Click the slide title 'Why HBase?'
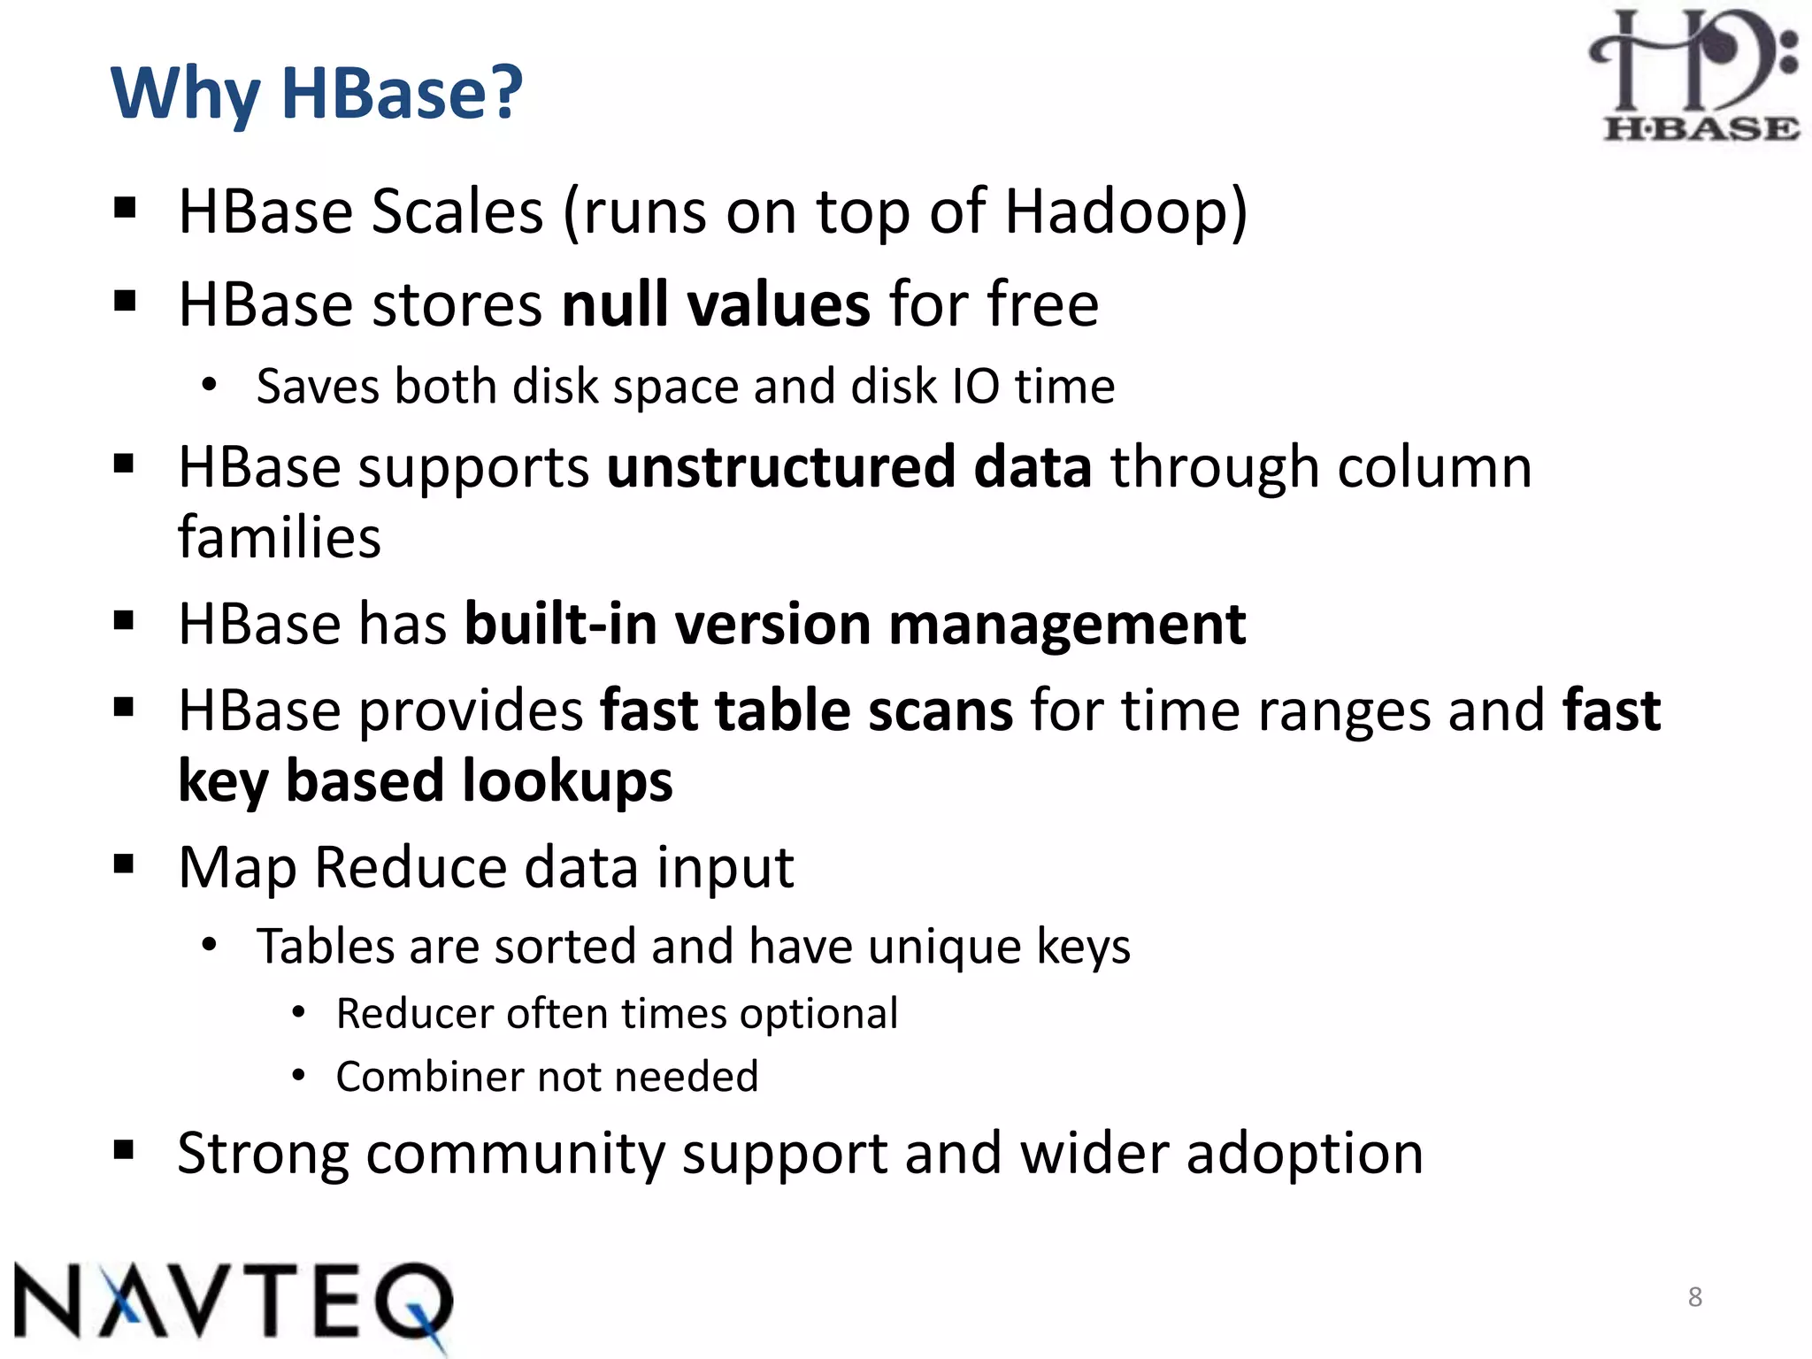coord(317,93)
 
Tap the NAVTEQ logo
coord(232,1301)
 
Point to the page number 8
coord(1694,1297)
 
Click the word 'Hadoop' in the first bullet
coord(1117,212)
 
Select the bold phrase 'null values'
coord(716,304)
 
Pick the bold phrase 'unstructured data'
coord(848,467)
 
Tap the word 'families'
coord(280,538)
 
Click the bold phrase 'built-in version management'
coord(855,624)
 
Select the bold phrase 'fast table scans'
coord(806,710)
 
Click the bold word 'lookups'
coord(567,781)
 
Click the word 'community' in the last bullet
coord(515,1154)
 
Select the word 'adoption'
coord(1304,1154)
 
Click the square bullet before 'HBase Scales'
coord(125,210)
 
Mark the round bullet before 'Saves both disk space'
coord(209,385)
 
